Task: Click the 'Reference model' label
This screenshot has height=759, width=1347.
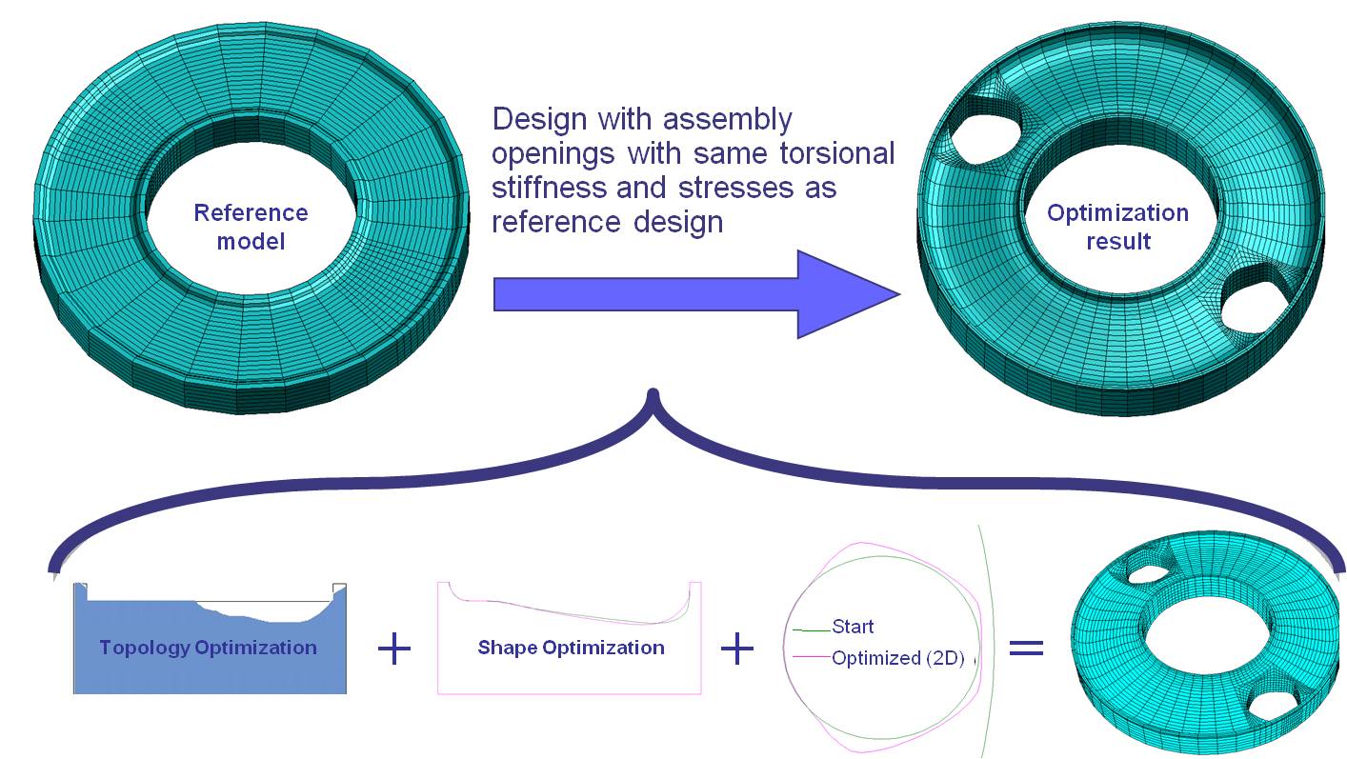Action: [251, 228]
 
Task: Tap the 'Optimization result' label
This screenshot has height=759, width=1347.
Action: [1117, 228]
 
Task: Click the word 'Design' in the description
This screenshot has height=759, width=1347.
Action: [539, 119]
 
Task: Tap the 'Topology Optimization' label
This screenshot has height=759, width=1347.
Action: [208, 648]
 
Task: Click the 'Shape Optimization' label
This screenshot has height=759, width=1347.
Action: [572, 648]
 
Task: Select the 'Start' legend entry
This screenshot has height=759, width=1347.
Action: [853, 627]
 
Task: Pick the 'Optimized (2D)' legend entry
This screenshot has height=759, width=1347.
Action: [898, 658]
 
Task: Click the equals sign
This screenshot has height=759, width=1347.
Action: [1027, 648]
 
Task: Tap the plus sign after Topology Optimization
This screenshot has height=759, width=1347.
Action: [394, 649]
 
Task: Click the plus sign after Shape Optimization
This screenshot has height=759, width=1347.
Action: [737, 649]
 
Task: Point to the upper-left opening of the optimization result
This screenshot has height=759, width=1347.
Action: [986, 138]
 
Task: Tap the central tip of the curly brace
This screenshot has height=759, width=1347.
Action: [653, 391]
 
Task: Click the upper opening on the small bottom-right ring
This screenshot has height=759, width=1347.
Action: [1149, 573]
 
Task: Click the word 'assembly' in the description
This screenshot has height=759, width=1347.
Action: [727, 120]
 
